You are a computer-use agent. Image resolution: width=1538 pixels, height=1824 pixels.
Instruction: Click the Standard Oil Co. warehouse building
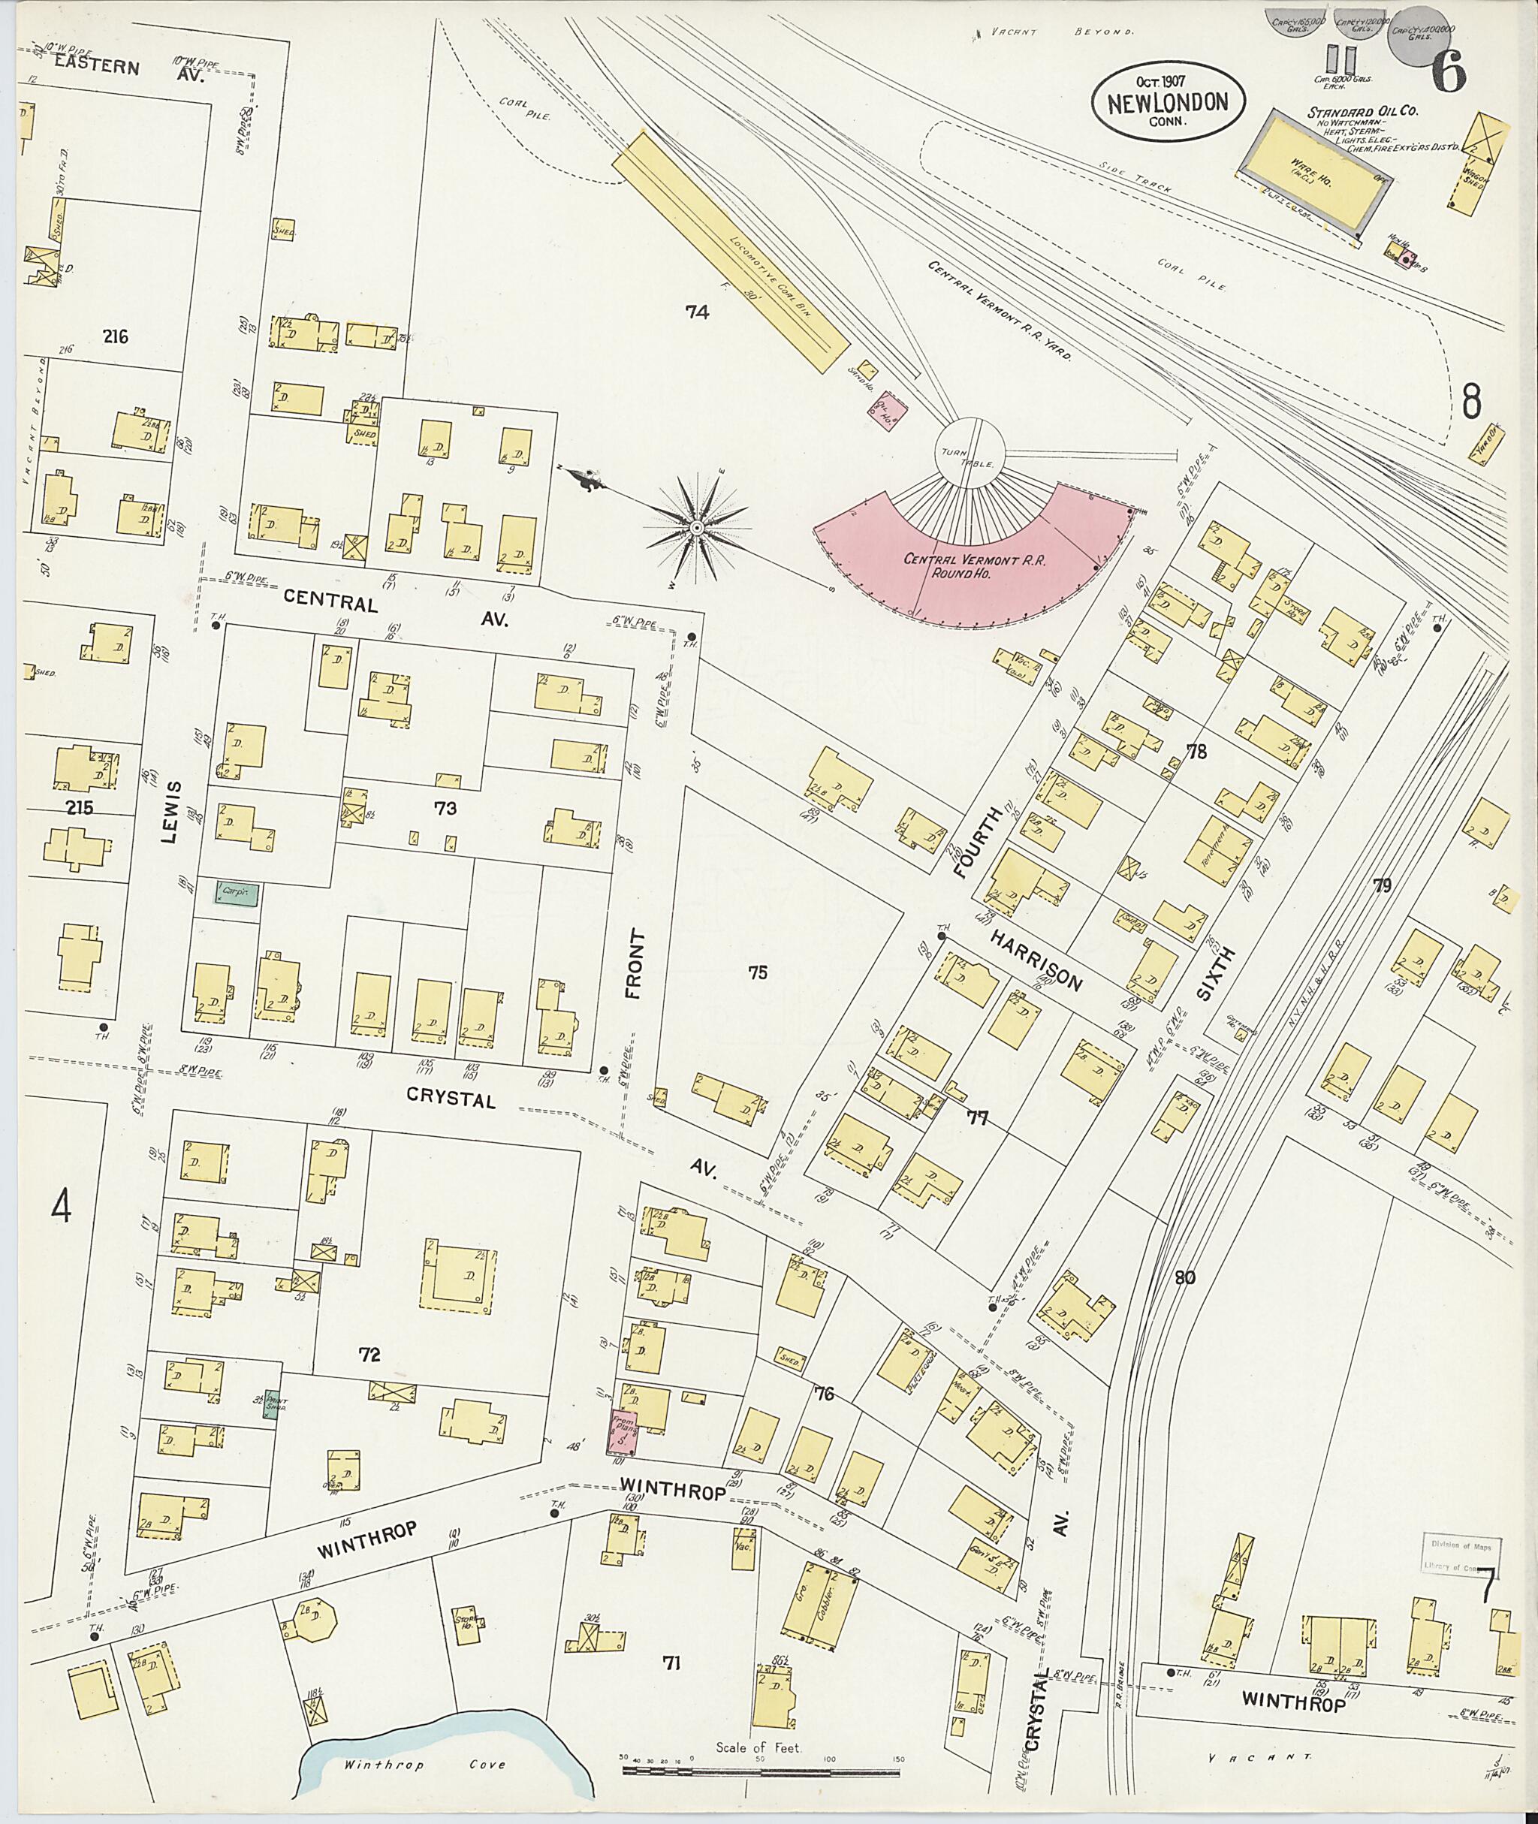pos(1316,169)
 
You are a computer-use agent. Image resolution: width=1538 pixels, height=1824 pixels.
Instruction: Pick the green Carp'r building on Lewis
pos(237,892)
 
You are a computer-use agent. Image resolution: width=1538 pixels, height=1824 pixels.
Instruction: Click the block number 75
pos(757,972)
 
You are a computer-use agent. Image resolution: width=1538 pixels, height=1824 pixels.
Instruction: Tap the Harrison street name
pos(1036,959)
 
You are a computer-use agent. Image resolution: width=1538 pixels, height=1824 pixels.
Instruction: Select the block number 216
pos(114,336)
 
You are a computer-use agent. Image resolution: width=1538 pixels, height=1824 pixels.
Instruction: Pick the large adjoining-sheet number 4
pos(60,1207)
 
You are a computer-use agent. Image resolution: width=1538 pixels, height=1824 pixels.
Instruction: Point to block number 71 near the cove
pos(671,1663)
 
